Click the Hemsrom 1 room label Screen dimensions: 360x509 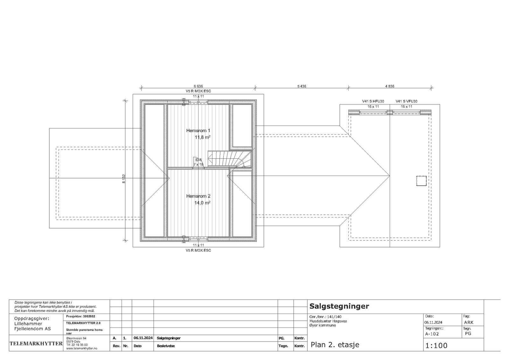198,130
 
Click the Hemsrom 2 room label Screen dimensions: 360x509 198,196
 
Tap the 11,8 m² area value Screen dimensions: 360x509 202,137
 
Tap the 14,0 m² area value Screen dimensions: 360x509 202,203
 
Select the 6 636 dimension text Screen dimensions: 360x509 198,86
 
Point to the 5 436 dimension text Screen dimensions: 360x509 301,86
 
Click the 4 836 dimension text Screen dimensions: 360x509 390,86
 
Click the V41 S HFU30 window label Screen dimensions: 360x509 373,101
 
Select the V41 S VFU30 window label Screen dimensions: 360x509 407,101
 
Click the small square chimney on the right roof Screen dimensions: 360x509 421,180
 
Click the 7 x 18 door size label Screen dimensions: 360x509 199,164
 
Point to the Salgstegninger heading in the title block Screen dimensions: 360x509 339,306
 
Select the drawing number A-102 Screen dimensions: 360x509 432,334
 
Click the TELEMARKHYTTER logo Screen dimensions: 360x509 36,343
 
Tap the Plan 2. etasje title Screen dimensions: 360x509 335,345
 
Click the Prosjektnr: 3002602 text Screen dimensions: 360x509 80,316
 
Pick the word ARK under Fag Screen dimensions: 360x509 469,322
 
